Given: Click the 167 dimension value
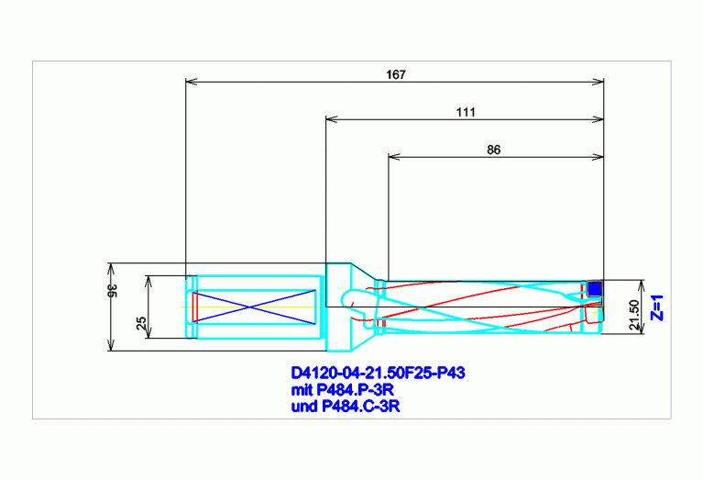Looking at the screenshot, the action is pyautogui.click(x=396, y=74).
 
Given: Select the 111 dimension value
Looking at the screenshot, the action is pyautogui.click(x=466, y=112).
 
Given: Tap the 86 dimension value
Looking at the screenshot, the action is pyautogui.click(x=494, y=150).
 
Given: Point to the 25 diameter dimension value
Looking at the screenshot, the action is pyautogui.click(x=141, y=323).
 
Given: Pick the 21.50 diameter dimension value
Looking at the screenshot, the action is pyautogui.click(x=634, y=315).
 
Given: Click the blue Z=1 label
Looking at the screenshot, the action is pyautogui.click(x=657, y=307).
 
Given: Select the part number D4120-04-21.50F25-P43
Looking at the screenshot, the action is pyautogui.click(x=378, y=373).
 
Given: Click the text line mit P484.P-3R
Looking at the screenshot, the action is pyautogui.click(x=343, y=389).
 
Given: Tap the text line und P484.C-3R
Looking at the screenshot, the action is pyautogui.click(x=346, y=407).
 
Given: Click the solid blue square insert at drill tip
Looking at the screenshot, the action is pyautogui.click(x=595, y=288).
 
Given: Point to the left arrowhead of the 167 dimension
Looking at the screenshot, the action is pyautogui.click(x=192, y=82).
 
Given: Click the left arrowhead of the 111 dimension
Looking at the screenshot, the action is pyautogui.click(x=332, y=119).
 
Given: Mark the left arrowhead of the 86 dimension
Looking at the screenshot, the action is pyautogui.click(x=394, y=157).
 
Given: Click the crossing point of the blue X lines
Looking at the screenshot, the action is pyautogui.click(x=250, y=307).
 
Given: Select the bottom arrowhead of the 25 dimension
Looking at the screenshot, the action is pyautogui.click(x=149, y=332).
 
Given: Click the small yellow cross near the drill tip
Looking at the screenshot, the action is pyautogui.click(x=595, y=313).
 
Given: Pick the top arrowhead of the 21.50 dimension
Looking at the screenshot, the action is pyautogui.click(x=643, y=285).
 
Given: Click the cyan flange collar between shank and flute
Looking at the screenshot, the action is pyautogui.click(x=338, y=307).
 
